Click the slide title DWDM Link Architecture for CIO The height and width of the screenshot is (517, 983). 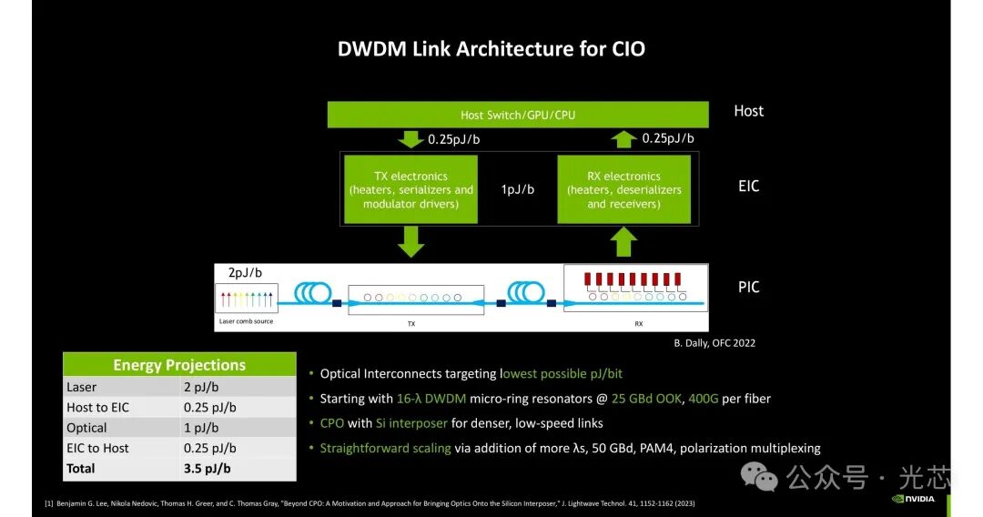[x=491, y=49]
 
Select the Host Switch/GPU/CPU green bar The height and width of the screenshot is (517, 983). [x=518, y=115]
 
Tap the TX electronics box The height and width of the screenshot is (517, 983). [x=410, y=189]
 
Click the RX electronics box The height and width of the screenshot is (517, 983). [x=623, y=189]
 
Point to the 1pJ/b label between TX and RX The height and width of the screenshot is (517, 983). [x=518, y=189]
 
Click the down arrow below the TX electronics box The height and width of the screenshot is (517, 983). [x=410, y=241]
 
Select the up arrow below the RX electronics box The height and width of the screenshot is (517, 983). [x=623, y=241]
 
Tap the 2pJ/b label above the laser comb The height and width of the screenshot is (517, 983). [x=245, y=272]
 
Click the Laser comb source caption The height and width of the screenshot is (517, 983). [x=246, y=321]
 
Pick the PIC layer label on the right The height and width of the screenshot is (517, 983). [x=748, y=287]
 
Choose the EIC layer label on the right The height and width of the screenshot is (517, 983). [x=748, y=186]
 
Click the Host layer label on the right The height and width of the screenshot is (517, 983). [x=748, y=111]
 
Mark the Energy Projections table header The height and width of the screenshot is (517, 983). [x=179, y=364]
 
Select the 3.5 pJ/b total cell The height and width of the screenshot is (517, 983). [x=207, y=469]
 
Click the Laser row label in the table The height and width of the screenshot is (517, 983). [x=82, y=387]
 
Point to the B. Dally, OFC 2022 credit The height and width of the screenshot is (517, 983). [x=714, y=343]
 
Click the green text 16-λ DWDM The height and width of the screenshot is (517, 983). [x=431, y=399]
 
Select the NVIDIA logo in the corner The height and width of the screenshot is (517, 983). [x=914, y=499]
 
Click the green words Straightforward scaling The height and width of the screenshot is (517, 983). [x=386, y=448]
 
